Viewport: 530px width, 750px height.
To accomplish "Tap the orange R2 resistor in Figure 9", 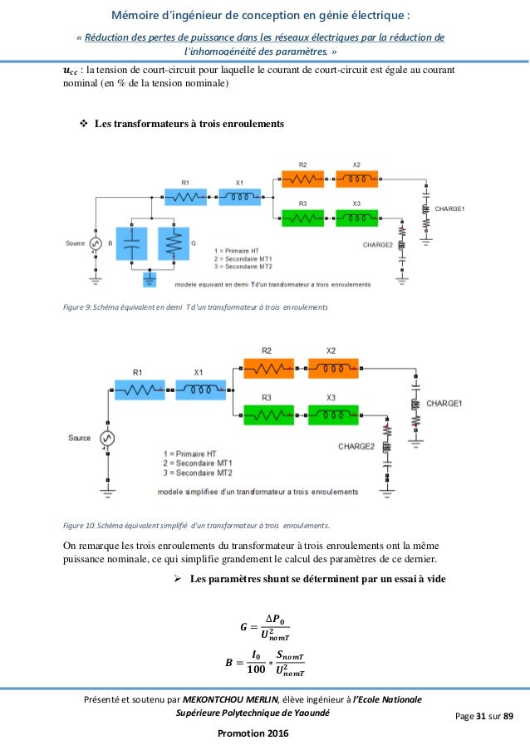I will pos(302,179).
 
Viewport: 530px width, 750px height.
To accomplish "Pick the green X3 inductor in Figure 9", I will pos(356,218).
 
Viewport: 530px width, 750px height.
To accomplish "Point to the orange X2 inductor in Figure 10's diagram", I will pos(332,365).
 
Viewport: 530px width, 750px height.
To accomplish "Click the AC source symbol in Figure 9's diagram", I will pos(96,244).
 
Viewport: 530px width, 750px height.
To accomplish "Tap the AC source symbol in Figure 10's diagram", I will pos(107,439).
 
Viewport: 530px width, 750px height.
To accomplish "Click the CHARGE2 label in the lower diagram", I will pos(356,446).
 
